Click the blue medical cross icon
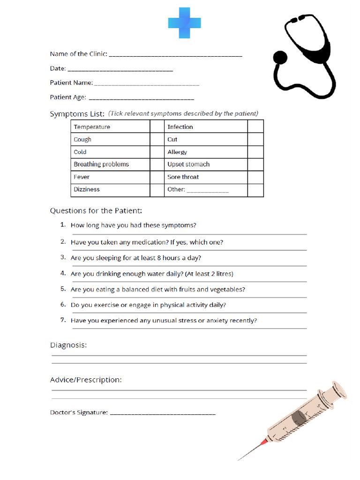(x=185, y=23)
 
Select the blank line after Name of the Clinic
(x=175, y=55)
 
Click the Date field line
(x=120, y=70)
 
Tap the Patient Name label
(x=71, y=83)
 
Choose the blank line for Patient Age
(x=141, y=99)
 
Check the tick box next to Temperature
(x=157, y=127)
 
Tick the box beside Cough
(x=157, y=139)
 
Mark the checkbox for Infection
(x=255, y=127)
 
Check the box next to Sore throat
(x=255, y=177)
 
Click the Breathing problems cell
(x=101, y=165)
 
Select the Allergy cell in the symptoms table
(x=177, y=152)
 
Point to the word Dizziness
(x=87, y=189)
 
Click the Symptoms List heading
(x=77, y=114)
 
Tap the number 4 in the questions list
(x=63, y=273)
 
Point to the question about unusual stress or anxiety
(x=164, y=321)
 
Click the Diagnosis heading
(x=68, y=345)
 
